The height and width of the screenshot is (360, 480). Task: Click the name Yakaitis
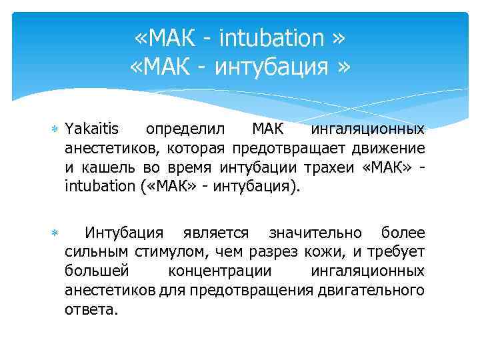pyautogui.click(x=93, y=128)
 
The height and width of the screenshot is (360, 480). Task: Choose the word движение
pyautogui.click(x=391, y=147)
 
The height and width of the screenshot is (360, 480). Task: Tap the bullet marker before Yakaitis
pyautogui.click(x=55, y=129)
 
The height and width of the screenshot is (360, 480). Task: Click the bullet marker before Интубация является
pyautogui.click(x=55, y=233)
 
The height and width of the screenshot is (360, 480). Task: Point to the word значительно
pyautogui.click(x=315, y=233)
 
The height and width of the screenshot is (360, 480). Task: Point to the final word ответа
pyautogui.click(x=91, y=310)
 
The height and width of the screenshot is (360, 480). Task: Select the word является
pyautogui.click(x=216, y=233)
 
